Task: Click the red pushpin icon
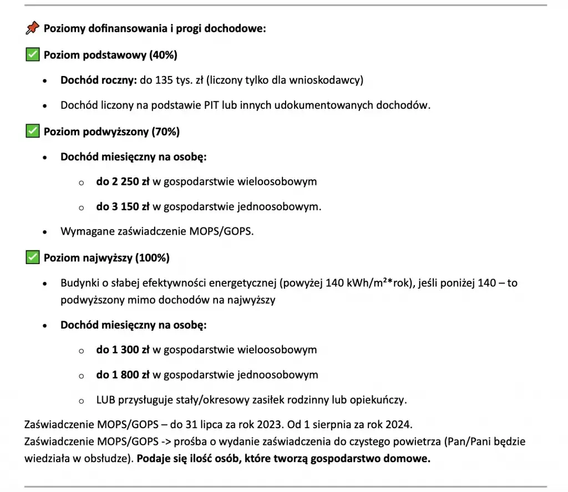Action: click(x=33, y=28)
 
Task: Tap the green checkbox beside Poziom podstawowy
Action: click(x=33, y=54)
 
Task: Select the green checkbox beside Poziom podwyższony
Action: click(x=33, y=131)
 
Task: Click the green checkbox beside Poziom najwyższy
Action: click(x=33, y=257)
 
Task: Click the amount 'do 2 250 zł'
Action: click(x=123, y=181)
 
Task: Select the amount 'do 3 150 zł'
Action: click(x=123, y=207)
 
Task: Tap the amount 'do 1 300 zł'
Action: click(x=123, y=350)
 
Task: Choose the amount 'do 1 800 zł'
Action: click(x=123, y=375)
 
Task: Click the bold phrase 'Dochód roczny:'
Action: click(x=98, y=80)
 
